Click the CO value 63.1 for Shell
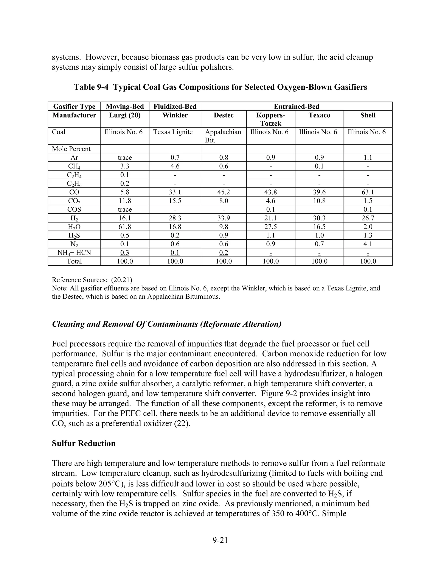pos(368,192)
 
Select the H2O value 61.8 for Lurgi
pos(125,227)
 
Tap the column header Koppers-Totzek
pos(270,119)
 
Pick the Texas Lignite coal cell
pos(173,132)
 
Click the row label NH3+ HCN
pos(74,253)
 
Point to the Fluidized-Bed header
pos(175,106)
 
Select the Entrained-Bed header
pos(296,106)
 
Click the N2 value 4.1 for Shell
pos(368,244)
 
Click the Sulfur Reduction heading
pos(84,443)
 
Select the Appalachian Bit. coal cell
pos(223,136)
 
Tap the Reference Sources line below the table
pos(92,280)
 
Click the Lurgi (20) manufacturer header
pos(125,115)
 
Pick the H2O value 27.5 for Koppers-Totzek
pos(270,227)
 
